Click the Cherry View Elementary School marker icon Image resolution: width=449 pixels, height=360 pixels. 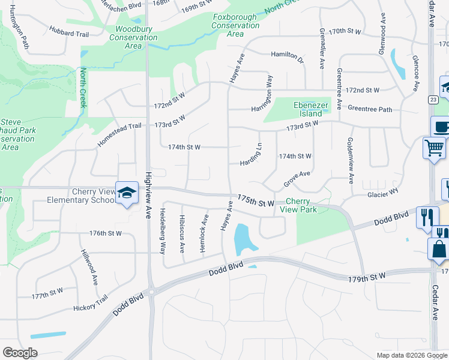click(127, 193)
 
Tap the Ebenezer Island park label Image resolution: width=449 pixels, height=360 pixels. click(308, 110)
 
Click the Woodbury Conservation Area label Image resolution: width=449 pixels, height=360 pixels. click(133, 37)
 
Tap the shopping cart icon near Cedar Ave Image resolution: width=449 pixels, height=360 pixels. click(434, 147)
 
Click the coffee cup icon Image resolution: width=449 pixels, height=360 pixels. click(441, 127)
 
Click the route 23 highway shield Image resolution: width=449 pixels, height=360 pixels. click(432, 100)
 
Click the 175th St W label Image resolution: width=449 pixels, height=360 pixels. click(255, 200)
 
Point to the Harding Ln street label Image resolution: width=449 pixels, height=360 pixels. click(252, 155)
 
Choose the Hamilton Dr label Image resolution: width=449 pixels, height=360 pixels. click(288, 56)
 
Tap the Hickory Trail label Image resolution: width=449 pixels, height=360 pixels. click(90, 303)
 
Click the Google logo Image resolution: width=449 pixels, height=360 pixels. click(20, 352)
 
